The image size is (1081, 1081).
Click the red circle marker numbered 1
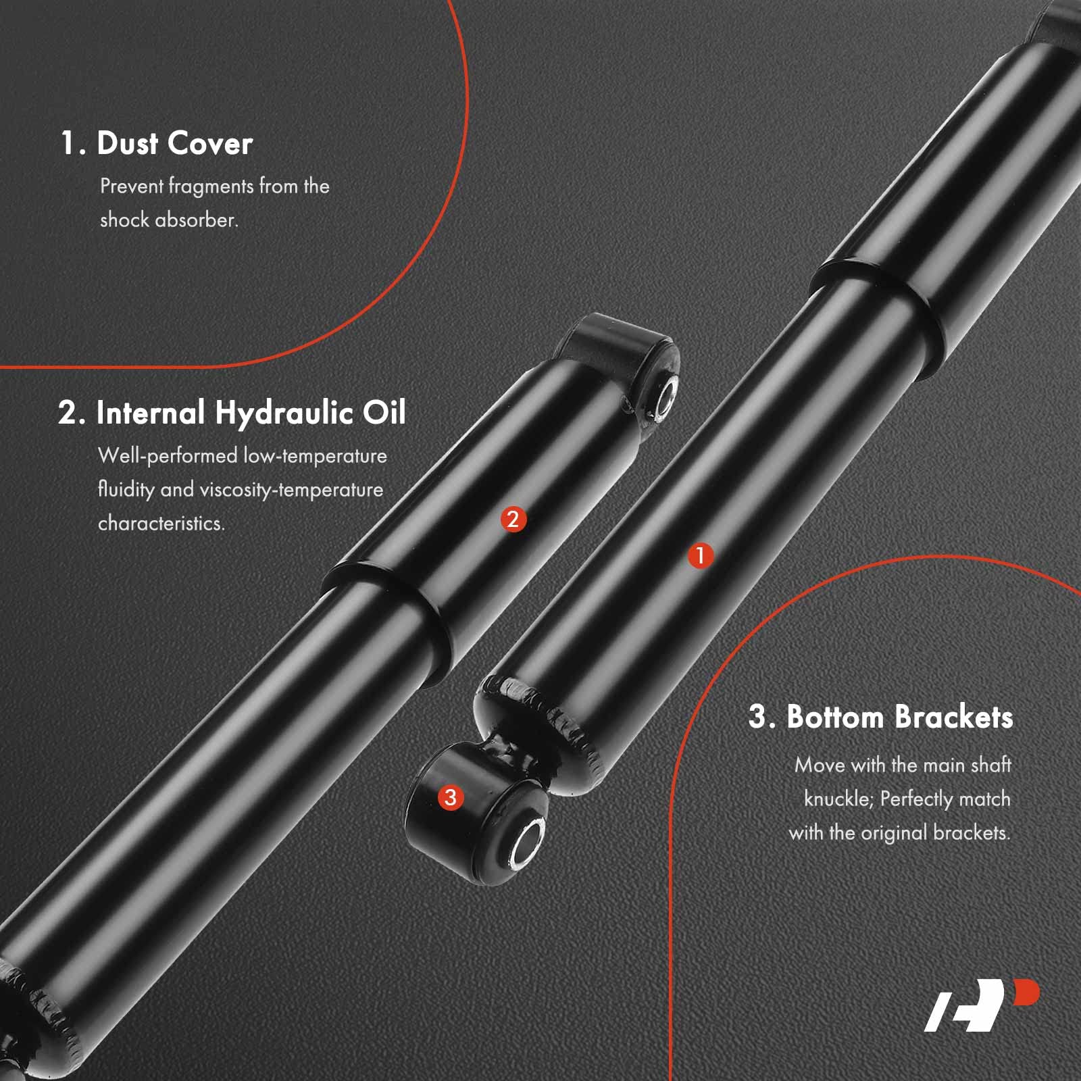point(700,555)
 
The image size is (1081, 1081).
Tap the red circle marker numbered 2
point(513,519)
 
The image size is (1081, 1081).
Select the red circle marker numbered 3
point(451,797)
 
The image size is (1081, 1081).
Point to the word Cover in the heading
point(209,143)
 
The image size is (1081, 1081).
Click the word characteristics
point(161,524)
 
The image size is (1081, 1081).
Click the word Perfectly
point(916,799)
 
